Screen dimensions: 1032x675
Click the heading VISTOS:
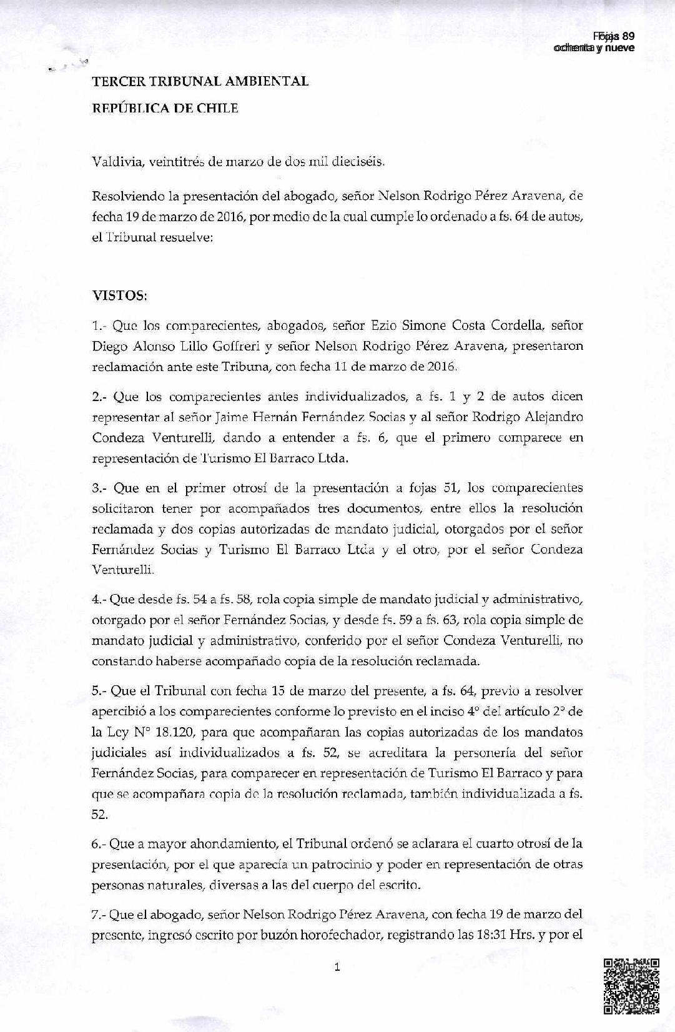click(120, 295)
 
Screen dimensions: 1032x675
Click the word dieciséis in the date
click(350, 162)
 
